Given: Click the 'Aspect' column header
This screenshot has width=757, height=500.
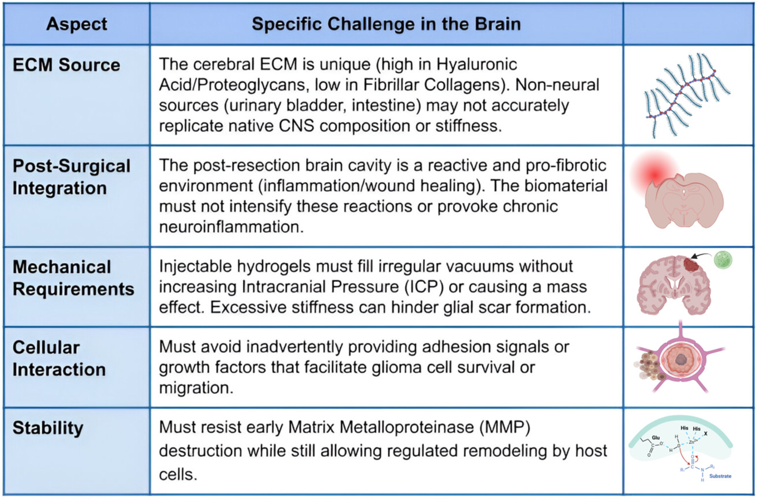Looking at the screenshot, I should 77,24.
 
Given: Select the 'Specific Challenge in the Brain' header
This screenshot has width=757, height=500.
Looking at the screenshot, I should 386,24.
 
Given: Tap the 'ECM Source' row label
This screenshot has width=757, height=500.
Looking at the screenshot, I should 67,65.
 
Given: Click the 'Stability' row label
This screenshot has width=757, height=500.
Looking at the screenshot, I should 48,428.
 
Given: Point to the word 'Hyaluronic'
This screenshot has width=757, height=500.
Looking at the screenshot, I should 477,64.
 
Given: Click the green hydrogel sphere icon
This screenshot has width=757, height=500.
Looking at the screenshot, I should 723,260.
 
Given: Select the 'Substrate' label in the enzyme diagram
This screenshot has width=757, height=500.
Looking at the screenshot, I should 720,476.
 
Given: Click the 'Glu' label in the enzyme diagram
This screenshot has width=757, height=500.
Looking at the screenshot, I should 656,438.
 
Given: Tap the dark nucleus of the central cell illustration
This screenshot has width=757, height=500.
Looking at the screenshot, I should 681,360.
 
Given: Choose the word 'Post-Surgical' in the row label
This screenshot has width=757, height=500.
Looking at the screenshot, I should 71,166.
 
